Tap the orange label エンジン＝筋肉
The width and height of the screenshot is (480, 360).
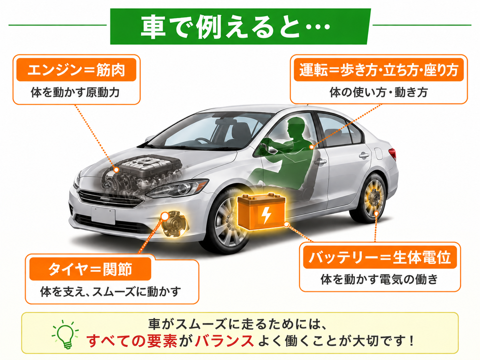point(76,70)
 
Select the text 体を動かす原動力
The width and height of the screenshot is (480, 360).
point(75,92)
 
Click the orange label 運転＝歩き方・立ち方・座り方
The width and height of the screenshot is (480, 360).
point(379,70)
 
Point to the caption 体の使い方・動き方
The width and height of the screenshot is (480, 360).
point(379,92)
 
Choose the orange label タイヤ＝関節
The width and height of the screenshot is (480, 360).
point(90,269)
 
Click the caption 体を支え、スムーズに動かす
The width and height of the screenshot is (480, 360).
point(111,292)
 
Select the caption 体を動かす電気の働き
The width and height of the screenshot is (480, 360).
point(379,279)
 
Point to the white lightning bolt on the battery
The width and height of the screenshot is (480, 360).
point(266,215)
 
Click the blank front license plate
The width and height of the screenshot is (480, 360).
point(103,216)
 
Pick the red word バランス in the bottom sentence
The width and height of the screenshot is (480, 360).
point(224,341)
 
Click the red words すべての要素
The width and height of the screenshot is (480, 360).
point(132,341)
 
